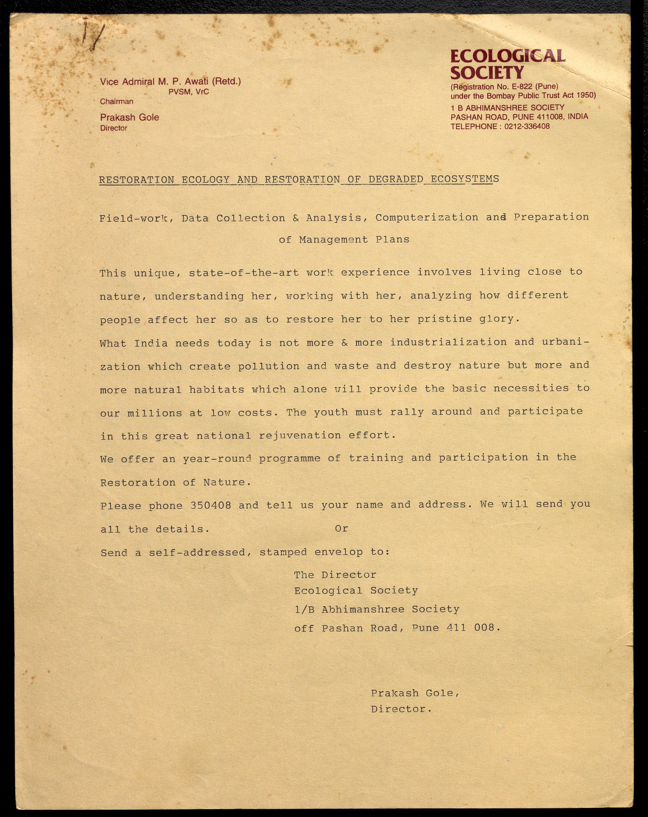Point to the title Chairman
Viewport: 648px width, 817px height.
tap(116, 101)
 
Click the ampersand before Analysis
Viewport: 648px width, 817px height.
tap(296, 218)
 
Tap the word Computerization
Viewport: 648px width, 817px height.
tap(427, 217)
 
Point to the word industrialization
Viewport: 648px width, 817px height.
tap(448, 342)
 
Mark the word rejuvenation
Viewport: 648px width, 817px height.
tap(300, 435)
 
